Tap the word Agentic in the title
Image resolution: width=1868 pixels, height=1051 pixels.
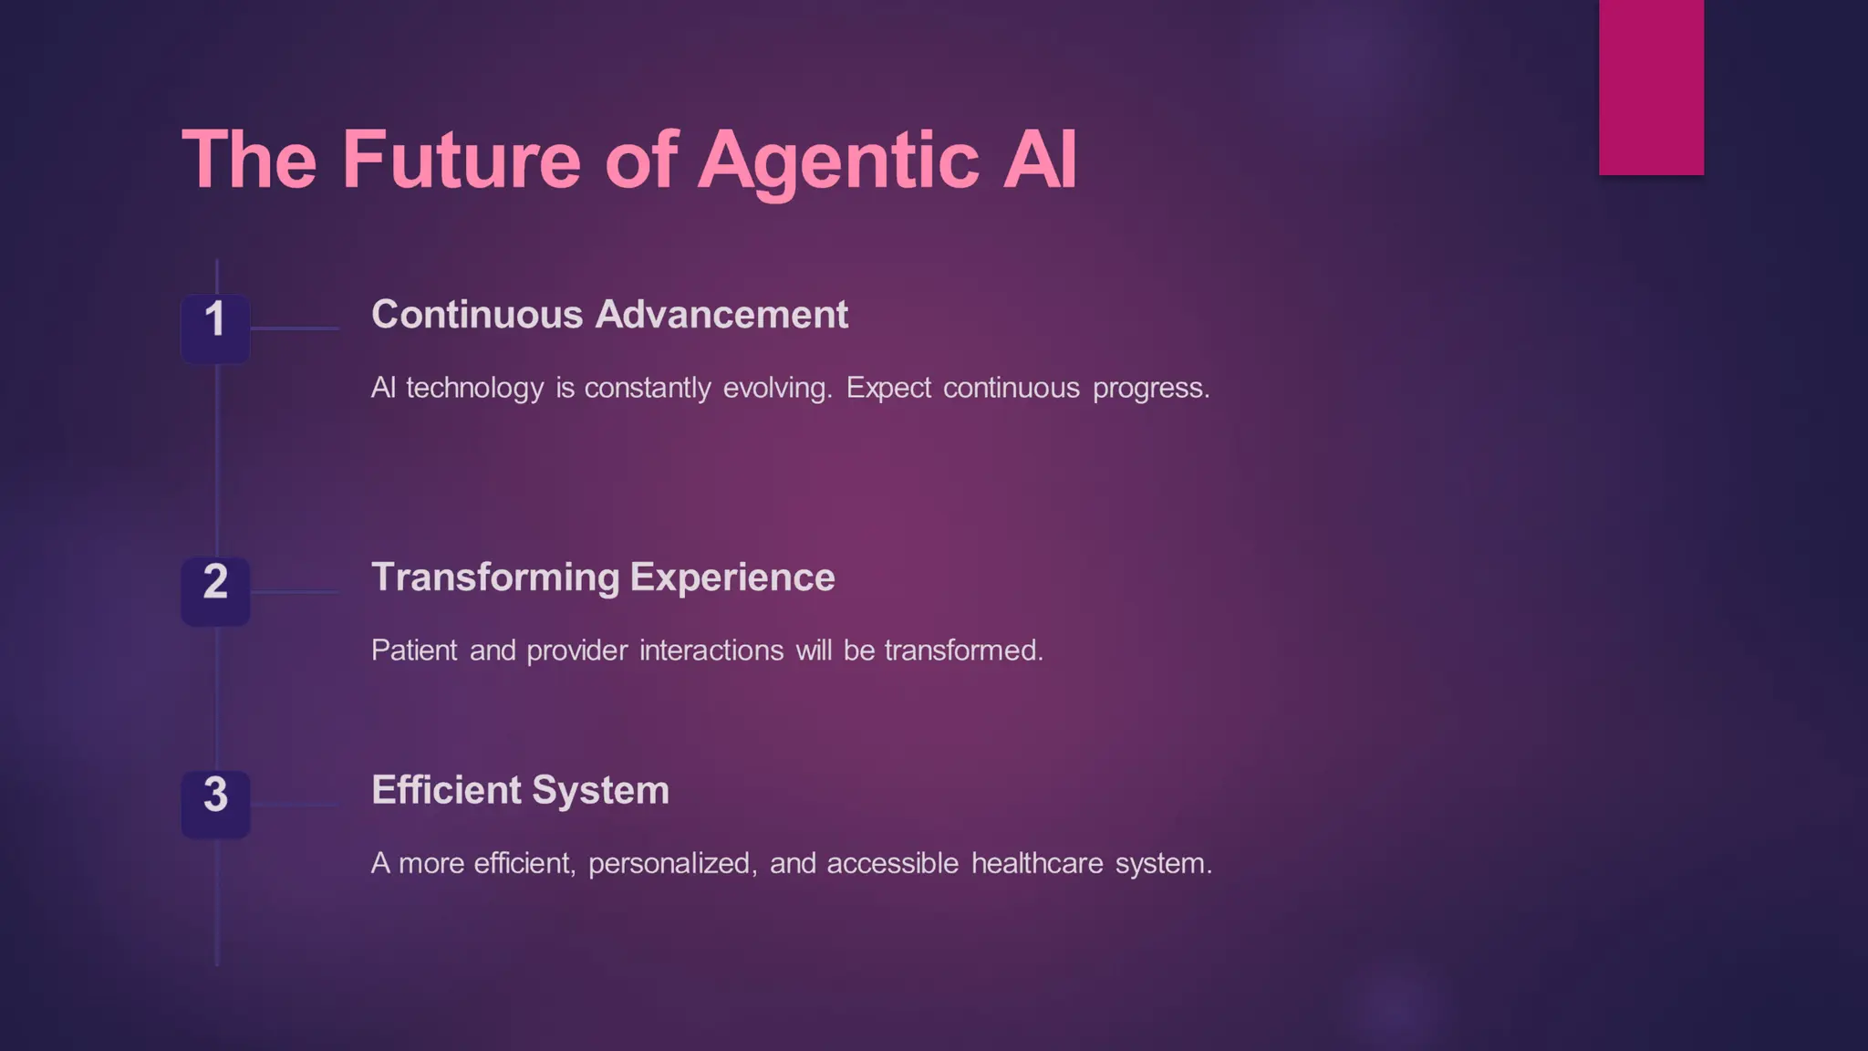(x=838, y=161)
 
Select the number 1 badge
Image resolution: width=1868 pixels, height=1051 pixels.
(x=215, y=328)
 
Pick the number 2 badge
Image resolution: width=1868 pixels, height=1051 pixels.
(x=215, y=590)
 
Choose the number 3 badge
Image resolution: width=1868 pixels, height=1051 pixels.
(x=215, y=803)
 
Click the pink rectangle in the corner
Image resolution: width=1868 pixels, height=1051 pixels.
(x=1651, y=87)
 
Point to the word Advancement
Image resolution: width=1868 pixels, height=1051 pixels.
(x=721, y=315)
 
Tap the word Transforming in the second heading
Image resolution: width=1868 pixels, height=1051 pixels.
(x=495, y=578)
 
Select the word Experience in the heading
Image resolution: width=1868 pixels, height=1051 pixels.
(x=732, y=578)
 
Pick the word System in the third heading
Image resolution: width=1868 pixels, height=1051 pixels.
(x=600, y=791)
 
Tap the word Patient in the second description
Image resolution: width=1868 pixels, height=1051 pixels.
(x=414, y=650)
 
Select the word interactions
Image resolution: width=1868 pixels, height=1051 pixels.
(x=711, y=650)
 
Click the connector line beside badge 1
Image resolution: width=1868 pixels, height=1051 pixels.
(x=295, y=328)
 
